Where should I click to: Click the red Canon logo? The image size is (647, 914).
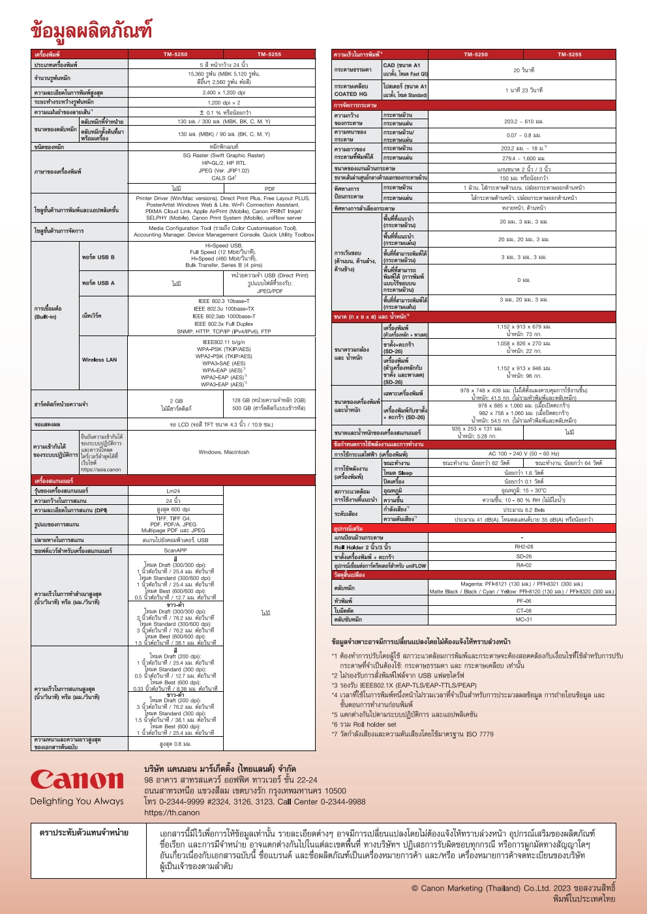tap(76, 779)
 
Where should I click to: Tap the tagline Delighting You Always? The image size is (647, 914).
tap(76, 801)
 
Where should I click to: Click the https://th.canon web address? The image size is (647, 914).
tap(172, 812)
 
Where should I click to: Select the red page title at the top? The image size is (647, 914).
tap(91, 30)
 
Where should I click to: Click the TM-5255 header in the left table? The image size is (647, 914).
tap(269, 54)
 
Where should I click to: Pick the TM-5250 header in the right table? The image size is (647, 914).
tap(475, 54)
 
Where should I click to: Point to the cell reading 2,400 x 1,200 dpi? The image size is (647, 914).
tap(223, 93)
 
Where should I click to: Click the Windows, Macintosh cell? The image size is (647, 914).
tap(223, 451)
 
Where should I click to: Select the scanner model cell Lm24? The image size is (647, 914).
tap(173, 491)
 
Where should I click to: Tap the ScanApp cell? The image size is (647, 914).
tap(175, 550)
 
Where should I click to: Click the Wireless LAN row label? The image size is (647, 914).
tap(99, 360)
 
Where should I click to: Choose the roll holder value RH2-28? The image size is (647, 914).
tap(523, 547)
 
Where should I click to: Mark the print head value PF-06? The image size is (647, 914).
tap(523, 601)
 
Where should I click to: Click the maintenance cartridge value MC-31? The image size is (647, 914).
tap(523, 620)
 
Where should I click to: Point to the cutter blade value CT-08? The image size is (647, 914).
tap(523, 610)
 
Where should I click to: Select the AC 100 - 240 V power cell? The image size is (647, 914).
tap(523, 453)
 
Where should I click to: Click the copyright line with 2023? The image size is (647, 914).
tap(513, 888)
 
